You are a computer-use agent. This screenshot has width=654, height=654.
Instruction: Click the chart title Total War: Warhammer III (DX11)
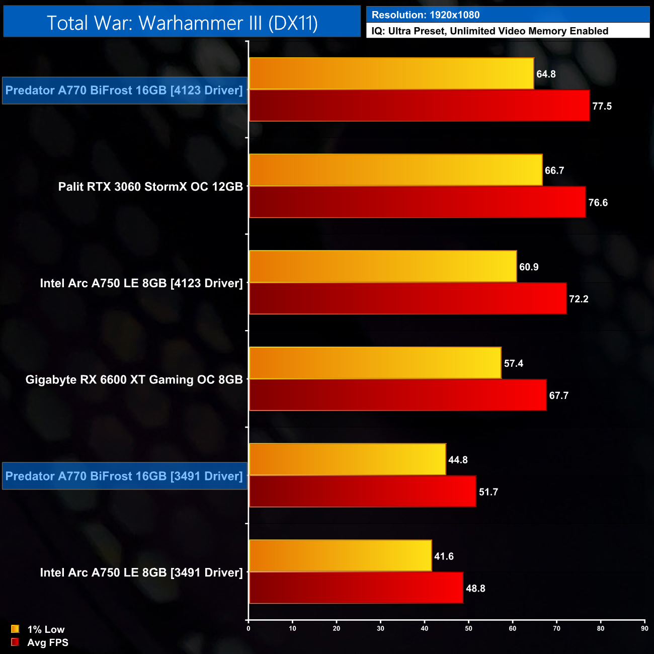point(182,23)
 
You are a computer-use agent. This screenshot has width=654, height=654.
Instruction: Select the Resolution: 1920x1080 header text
point(426,15)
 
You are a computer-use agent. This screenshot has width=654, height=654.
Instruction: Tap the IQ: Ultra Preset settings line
point(489,31)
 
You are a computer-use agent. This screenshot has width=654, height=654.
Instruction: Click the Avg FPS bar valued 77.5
point(419,106)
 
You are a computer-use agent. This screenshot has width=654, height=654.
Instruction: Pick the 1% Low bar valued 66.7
point(395,170)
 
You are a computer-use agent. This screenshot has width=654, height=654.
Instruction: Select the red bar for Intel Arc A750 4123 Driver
point(407,298)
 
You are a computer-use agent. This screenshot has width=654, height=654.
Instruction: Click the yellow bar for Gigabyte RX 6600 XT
point(375,363)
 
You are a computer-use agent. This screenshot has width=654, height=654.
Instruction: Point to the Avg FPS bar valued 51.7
point(362,492)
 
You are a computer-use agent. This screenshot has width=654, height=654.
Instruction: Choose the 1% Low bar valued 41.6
point(340,556)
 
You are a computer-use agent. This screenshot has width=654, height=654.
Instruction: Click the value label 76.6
point(598,203)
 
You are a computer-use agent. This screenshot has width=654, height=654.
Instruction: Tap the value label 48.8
point(475,589)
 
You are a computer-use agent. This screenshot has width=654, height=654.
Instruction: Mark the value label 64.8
point(546,74)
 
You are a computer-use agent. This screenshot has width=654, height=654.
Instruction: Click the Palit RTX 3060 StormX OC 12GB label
point(150,187)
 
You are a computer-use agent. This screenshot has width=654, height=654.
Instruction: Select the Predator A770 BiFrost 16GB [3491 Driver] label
point(124,476)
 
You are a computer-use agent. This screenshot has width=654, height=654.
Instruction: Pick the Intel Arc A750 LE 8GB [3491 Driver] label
point(141,573)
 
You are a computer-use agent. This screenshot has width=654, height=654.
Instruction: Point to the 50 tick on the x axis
point(468,628)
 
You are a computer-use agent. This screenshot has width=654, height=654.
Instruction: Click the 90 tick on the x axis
point(644,628)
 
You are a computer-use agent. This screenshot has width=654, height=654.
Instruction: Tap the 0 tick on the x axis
point(249,628)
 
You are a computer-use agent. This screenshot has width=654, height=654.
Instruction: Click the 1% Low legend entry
point(46,629)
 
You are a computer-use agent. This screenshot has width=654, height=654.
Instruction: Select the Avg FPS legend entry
point(47,642)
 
